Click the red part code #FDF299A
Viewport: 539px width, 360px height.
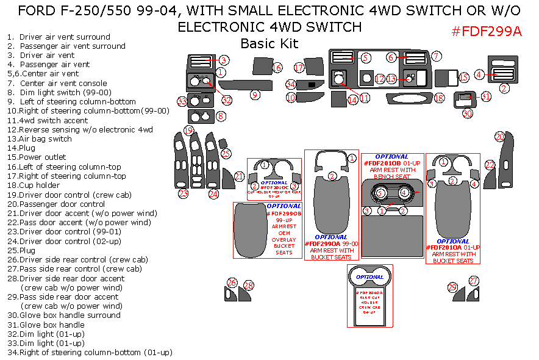486,32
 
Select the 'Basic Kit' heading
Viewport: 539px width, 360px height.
269,43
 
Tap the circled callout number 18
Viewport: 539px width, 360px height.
438,98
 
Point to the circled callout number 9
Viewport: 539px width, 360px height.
255,95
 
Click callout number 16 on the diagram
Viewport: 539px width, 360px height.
277,68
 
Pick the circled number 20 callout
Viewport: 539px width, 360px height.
500,137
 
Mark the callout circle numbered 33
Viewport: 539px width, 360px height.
182,101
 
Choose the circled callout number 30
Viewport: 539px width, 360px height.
467,113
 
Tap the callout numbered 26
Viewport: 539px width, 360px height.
232,283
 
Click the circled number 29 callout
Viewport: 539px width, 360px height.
452,287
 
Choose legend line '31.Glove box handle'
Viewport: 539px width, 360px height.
46,325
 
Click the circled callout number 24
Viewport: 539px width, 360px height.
213,194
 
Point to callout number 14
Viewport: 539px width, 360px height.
352,99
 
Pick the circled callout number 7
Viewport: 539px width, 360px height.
436,56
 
